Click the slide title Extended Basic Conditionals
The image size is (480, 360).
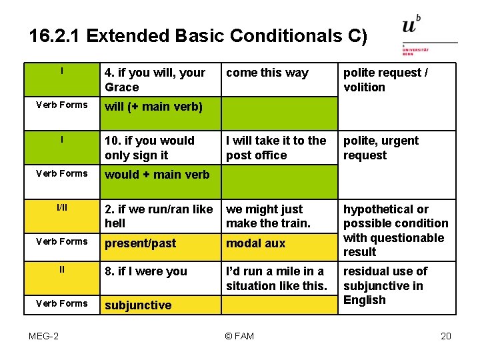tap(198, 35)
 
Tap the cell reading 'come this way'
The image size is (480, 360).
tap(267, 73)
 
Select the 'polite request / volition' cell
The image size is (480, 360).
tap(385, 80)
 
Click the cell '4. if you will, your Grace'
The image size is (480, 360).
tap(155, 80)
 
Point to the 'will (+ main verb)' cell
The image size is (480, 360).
tap(153, 107)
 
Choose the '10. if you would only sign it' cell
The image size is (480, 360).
tap(149, 148)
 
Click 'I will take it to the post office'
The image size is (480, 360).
tap(276, 148)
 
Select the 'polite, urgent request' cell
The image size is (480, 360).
tap(381, 148)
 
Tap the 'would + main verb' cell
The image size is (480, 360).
tap(157, 175)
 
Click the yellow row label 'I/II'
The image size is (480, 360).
tap(61, 209)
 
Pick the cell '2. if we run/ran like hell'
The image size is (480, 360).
tap(159, 216)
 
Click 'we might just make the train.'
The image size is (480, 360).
tap(268, 216)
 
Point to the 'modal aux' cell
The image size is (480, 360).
tap(255, 243)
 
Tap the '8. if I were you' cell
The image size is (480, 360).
tap(146, 271)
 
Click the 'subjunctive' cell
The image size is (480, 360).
tap(138, 305)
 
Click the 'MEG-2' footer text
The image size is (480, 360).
tap(43, 335)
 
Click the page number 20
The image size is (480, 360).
tap(446, 335)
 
